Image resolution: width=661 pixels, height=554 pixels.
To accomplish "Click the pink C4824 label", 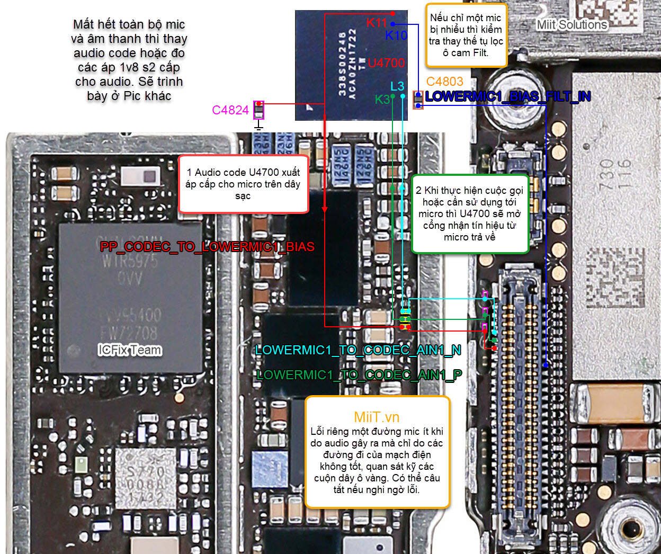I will click(x=230, y=110).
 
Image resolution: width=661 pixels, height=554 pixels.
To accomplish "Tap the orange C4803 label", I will click(x=444, y=82).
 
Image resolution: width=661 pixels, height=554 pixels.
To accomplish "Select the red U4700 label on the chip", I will click(x=386, y=63).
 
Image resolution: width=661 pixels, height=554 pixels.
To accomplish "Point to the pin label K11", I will click(x=377, y=23).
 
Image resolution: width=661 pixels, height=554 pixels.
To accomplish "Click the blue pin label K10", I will click(x=396, y=35).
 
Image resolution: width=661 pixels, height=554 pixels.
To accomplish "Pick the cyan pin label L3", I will click(x=397, y=86).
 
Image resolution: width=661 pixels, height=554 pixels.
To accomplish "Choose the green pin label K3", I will click(x=382, y=100).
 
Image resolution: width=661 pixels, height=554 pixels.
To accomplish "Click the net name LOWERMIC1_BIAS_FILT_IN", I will click(x=507, y=96).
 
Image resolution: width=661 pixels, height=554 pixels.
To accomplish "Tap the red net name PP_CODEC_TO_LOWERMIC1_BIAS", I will click(x=207, y=247).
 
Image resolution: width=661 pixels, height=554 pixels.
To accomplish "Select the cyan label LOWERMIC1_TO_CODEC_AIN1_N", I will click(x=358, y=350).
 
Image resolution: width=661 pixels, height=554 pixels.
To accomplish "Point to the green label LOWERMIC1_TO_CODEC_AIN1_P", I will click(x=359, y=375).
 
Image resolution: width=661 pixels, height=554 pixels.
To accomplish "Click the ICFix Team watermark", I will click(x=130, y=350).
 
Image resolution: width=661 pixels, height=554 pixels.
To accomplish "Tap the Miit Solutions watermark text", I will click(x=572, y=25).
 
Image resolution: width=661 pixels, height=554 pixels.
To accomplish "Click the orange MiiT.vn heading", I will click(x=377, y=417).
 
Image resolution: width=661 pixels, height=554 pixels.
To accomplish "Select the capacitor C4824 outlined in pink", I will click(x=258, y=110).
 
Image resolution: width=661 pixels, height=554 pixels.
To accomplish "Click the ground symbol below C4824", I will click(x=258, y=126).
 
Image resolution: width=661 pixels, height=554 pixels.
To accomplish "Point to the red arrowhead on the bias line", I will click(x=325, y=209).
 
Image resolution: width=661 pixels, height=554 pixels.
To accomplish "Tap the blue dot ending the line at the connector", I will click(x=546, y=365).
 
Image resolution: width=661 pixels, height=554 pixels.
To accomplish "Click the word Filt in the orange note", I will click(x=480, y=53).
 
